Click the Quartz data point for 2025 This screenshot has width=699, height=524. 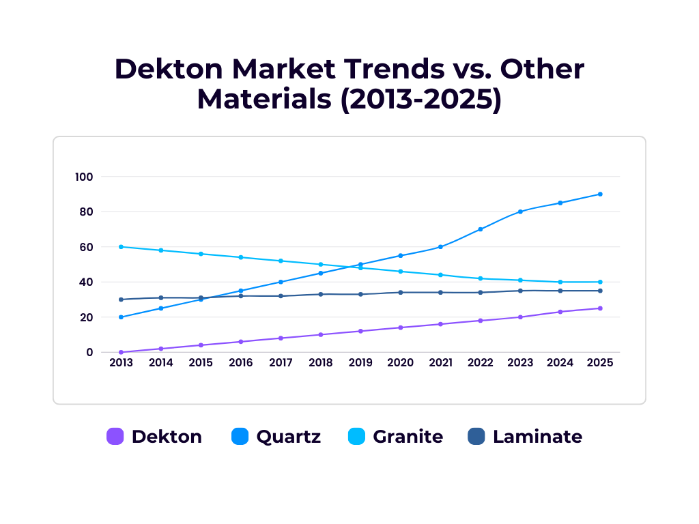(600, 194)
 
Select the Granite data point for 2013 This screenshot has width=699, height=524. (121, 246)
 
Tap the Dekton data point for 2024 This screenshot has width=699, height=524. (560, 312)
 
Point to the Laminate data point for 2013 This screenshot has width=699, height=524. (121, 300)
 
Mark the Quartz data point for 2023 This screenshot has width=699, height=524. (520, 212)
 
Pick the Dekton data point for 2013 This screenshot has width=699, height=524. (121, 352)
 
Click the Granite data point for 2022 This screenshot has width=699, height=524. (481, 278)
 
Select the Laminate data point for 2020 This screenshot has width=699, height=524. (401, 292)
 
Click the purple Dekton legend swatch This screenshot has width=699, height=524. (115, 437)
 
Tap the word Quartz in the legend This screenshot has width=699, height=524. (288, 437)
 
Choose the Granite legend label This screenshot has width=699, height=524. (408, 437)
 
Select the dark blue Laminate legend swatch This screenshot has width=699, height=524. (476, 437)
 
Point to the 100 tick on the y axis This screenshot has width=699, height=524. (83, 177)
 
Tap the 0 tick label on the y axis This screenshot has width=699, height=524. (89, 352)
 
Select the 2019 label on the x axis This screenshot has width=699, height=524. (360, 363)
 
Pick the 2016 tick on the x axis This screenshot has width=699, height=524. (240, 363)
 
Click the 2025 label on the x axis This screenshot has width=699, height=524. (600, 363)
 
